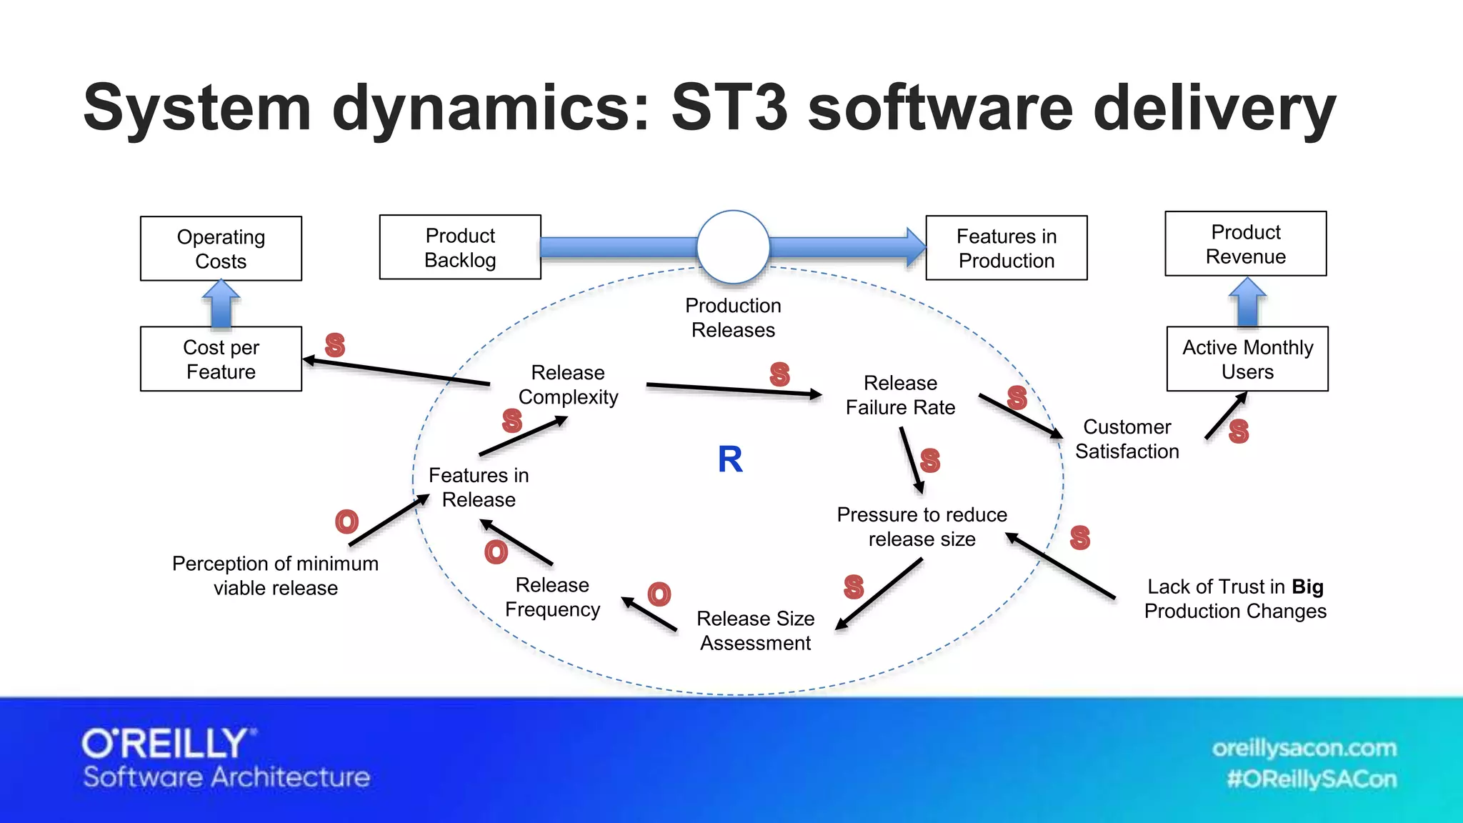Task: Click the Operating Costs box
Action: pyautogui.click(x=221, y=249)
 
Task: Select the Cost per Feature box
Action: pyautogui.click(x=221, y=359)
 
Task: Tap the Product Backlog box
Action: pyautogui.click(x=460, y=247)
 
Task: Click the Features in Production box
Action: pyautogui.click(x=1006, y=248)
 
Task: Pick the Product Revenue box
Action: pyautogui.click(x=1245, y=244)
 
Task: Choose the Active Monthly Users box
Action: pyautogui.click(x=1247, y=359)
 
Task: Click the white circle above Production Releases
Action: pyautogui.click(x=733, y=247)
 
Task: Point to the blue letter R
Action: pyautogui.click(x=730, y=459)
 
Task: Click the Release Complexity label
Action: pyautogui.click(x=568, y=384)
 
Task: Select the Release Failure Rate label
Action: pyautogui.click(x=900, y=395)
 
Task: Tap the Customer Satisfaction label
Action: pyautogui.click(x=1127, y=439)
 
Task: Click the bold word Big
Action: pyautogui.click(x=1307, y=587)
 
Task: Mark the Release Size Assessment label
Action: pyautogui.click(x=755, y=630)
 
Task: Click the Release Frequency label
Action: pyautogui.click(x=552, y=597)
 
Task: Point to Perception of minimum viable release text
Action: pyautogui.click(x=276, y=575)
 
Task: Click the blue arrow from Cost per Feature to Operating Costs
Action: pyautogui.click(x=221, y=304)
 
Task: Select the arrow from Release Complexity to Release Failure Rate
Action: pyautogui.click(x=733, y=389)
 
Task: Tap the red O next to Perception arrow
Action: pyautogui.click(x=346, y=522)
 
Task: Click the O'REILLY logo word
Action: pyautogui.click(x=166, y=744)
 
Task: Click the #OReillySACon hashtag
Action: pyautogui.click(x=1311, y=779)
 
